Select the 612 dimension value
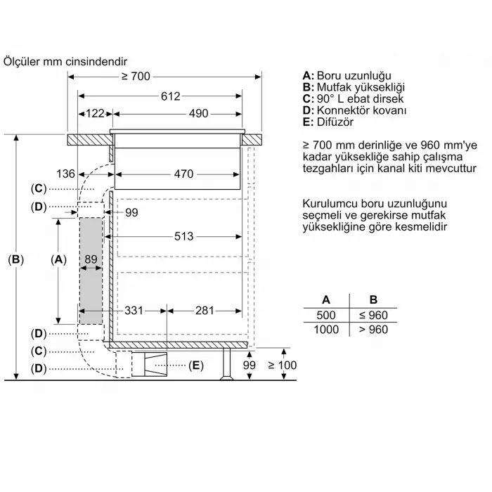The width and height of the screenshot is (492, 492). pyautogui.click(x=170, y=96)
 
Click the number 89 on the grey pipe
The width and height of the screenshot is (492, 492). pyautogui.click(x=90, y=259)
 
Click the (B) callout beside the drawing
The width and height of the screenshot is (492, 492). pyautogui.click(x=15, y=259)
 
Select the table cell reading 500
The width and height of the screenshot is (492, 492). pyautogui.click(x=327, y=315)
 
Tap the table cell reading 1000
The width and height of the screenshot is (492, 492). pyautogui.click(x=326, y=329)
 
